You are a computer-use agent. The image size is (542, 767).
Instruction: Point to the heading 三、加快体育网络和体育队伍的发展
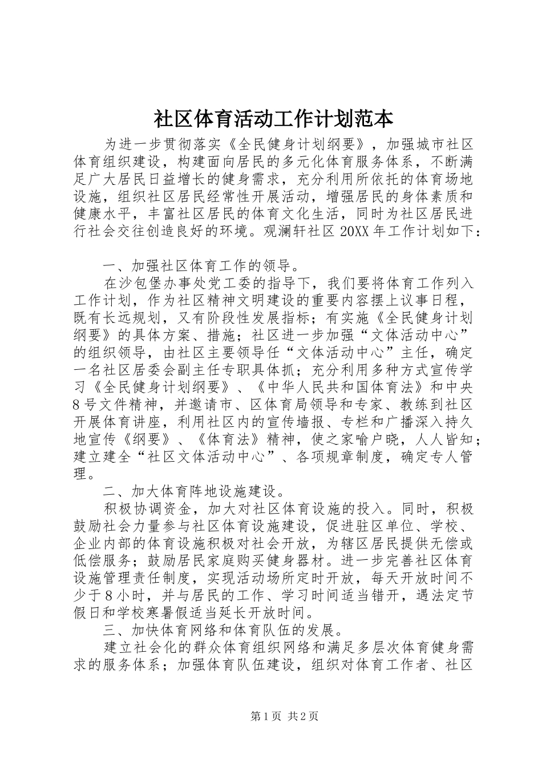coord(219,632)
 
